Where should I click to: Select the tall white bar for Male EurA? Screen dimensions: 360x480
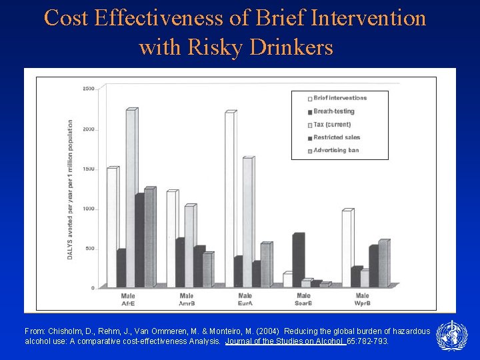coord(229,200)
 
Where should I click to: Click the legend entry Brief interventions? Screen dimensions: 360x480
coord(340,98)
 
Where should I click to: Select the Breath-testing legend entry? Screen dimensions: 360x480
coord(333,111)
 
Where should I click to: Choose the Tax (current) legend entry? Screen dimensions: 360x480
coord(332,125)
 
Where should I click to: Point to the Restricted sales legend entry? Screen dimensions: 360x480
coord(337,137)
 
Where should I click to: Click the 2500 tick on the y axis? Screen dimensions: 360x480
coord(88,89)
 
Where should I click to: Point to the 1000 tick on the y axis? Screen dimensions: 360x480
coord(88,209)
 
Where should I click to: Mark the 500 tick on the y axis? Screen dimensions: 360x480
coord(89,249)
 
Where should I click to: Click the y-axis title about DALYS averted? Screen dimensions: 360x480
coord(70,190)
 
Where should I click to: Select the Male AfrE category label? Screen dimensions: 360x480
coord(128,299)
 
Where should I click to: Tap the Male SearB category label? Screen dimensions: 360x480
coord(303,299)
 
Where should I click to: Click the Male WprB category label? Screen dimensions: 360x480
coord(362,299)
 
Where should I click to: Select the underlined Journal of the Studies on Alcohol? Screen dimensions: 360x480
coord(285,341)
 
